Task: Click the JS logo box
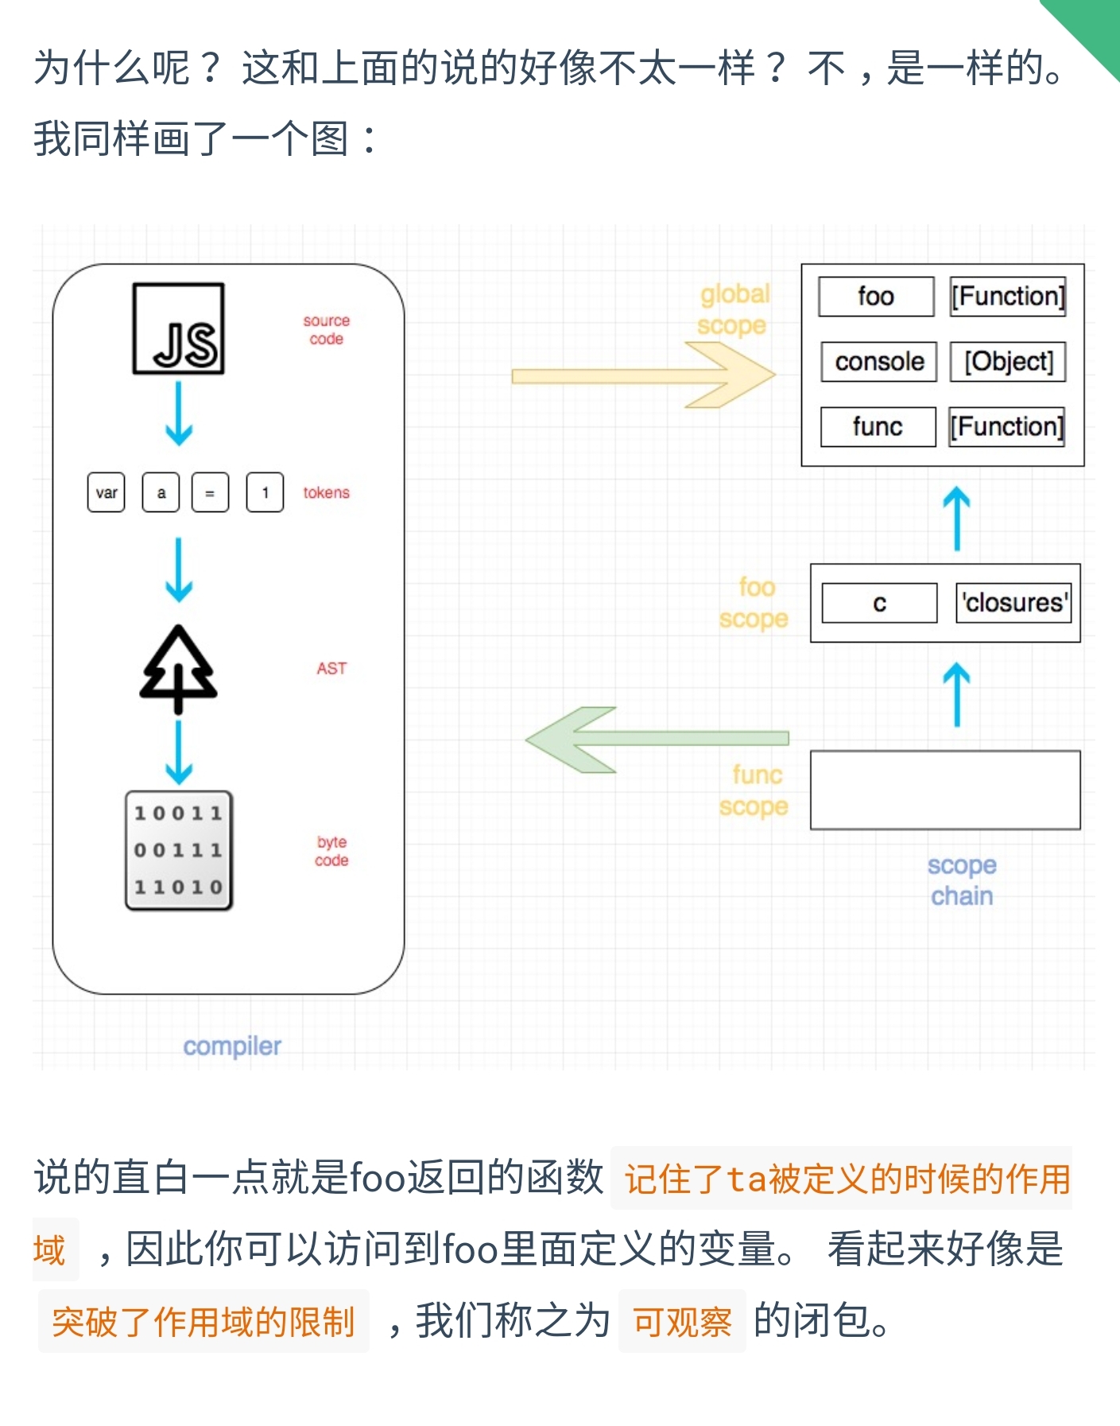tap(178, 328)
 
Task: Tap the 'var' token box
tap(106, 492)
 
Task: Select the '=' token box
tap(210, 492)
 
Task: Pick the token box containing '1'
tap(265, 492)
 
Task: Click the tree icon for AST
tap(178, 668)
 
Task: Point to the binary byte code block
tap(179, 849)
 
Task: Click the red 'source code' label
tap(326, 329)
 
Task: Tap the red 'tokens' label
tap(326, 492)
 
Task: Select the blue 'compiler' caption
tap(232, 1046)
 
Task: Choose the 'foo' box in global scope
tap(876, 297)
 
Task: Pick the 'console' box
tap(879, 362)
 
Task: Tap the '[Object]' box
tap(1008, 362)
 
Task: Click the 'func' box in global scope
tap(878, 427)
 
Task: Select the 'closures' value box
tap(1013, 603)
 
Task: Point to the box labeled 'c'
tap(879, 603)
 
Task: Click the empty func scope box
tap(945, 790)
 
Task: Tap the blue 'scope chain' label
tap(962, 880)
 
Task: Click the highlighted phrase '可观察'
tap(682, 1321)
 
